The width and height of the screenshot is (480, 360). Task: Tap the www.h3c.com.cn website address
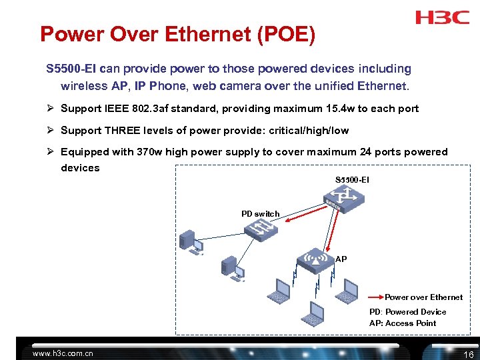pyautogui.click(x=63, y=353)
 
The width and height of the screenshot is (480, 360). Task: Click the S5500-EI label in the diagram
pyautogui.click(x=352, y=180)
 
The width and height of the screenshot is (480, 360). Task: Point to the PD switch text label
pyautogui.click(x=260, y=214)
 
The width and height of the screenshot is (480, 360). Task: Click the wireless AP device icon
pyautogui.click(x=313, y=260)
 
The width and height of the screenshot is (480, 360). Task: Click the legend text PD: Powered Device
pyautogui.click(x=407, y=312)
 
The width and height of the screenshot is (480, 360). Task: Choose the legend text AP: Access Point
pyautogui.click(x=403, y=323)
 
